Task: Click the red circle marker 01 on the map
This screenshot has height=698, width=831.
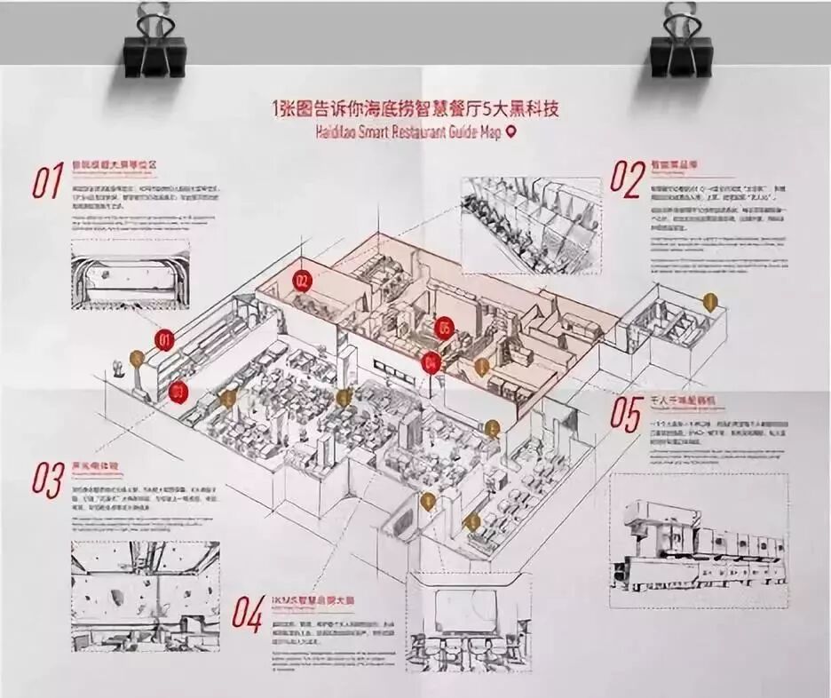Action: click(x=164, y=339)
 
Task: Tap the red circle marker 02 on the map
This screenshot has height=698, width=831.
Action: click(x=304, y=282)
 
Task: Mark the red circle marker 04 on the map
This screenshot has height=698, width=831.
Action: click(x=431, y=361)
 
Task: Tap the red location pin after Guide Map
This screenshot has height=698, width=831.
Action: click(x=510, y=132)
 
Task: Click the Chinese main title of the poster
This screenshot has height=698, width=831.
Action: click(x=420, y=109)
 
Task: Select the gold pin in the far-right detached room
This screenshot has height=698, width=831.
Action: click(x=709, y=302)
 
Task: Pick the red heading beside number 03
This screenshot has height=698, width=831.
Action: click(x=95, y=465)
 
